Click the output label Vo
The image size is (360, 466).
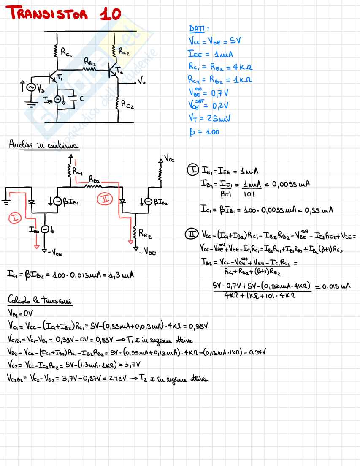pyautogui.click(x=141, y=83)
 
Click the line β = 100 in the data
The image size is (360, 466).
pyautogui.click(x=204, y=132)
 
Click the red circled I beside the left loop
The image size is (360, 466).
pyautogui.click(x=15, y=218)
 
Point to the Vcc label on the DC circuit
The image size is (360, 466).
pyautogui.click(x=169, y=160)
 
